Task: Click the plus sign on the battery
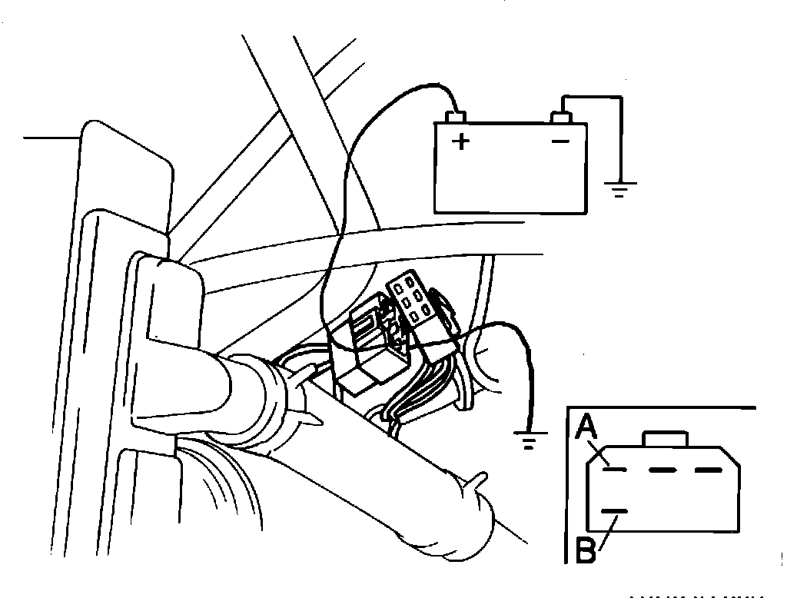pos(460,141)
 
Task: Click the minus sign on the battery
pos(562,141)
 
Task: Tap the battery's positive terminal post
pos(457,118)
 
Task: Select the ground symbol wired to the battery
pos(619,188)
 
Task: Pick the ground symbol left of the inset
pos(528,441)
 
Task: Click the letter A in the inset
pos(586,425)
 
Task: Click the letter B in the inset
pos(586,551)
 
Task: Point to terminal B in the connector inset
pos(614,511)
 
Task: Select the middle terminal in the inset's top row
pos(659,469)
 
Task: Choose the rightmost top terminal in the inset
pos(708,469)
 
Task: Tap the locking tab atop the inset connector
pos(666,438)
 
